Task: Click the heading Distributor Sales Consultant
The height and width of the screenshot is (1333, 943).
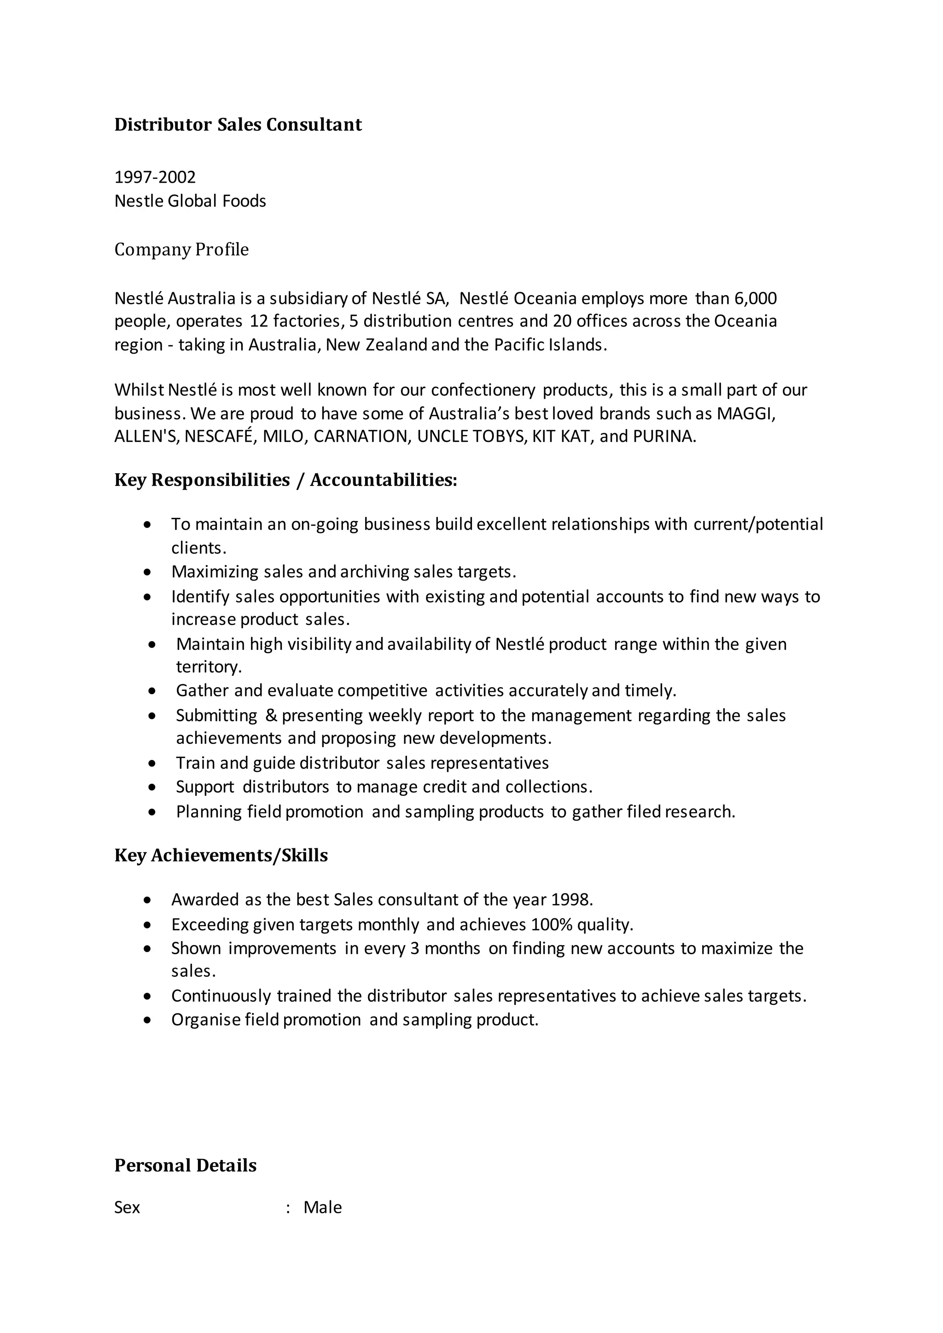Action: click(238, 125)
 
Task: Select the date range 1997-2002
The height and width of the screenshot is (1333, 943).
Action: click(155, 177)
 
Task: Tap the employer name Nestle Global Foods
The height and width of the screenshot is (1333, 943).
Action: click(190, 201)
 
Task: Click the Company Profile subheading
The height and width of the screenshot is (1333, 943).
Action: click(181, 249)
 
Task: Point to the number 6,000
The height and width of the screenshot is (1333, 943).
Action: click(756, 298)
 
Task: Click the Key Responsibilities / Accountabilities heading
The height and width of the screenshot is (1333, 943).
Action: click(285, 480)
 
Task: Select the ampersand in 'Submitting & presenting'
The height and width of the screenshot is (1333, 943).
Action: click(271, 715)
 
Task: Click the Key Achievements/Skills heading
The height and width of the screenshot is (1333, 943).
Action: click(221, 855)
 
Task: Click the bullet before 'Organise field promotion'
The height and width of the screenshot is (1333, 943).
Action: click(147, 1020)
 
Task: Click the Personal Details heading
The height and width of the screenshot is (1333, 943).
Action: click(185, 1165)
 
